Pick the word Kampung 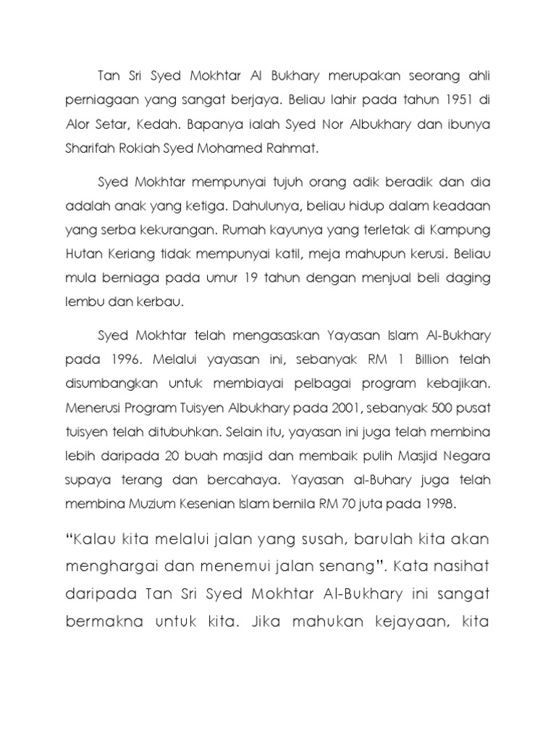coord(463,231)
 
